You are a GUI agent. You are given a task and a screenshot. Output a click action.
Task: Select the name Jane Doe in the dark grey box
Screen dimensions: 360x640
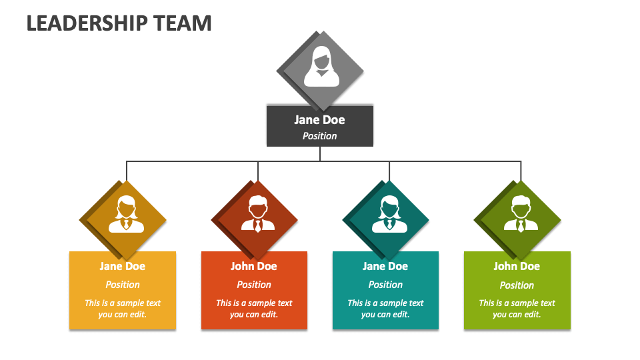point(320,120)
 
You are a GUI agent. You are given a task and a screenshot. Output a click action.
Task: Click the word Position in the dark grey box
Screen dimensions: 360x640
point(320,136)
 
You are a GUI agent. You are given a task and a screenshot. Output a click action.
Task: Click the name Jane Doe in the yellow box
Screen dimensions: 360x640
point(123,266)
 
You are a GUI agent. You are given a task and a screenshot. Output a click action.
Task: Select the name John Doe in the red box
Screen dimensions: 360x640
point(254,266)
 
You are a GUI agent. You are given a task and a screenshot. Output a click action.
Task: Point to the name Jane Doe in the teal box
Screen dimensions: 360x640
point(385,266)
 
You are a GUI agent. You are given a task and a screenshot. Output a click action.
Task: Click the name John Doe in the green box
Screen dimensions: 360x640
point(517,266)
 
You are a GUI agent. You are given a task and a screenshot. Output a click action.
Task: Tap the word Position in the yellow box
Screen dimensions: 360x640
point(123,285)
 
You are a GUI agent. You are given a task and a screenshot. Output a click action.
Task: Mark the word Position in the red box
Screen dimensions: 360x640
point(254,285)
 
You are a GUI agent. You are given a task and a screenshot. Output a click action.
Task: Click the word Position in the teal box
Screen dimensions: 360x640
point(385,285)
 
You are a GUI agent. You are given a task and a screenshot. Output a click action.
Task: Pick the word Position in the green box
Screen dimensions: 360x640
point(517,285)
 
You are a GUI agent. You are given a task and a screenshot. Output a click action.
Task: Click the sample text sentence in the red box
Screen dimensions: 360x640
point(254,309)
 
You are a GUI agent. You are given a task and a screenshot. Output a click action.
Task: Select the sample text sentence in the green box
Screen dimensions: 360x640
point(517,309)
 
